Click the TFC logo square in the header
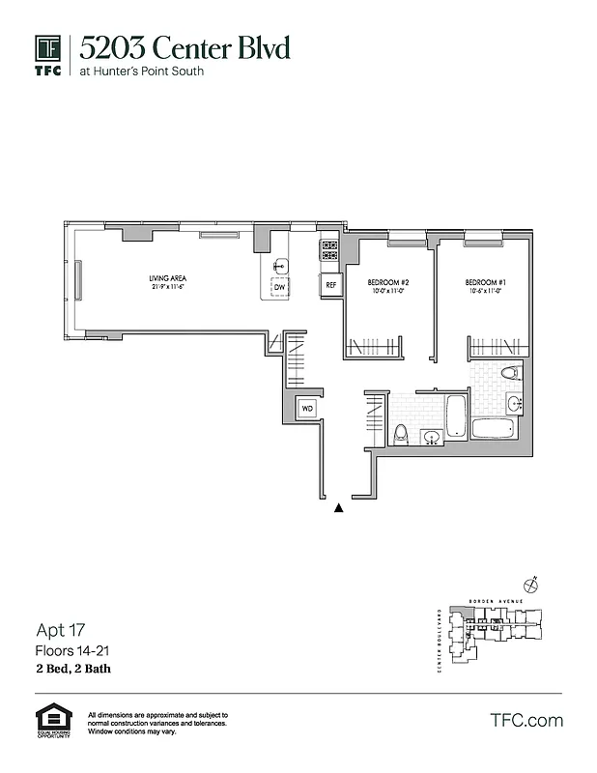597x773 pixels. coord(47,48)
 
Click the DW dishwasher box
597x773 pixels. coord(279,287)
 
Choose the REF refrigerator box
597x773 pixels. coord(330,285)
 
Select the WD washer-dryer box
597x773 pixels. coord(307,409)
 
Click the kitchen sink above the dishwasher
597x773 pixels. coord(280,267)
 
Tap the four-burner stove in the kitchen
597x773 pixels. coord(330,251)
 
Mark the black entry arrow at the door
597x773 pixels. coord(338,506)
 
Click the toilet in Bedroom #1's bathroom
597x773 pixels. coord(509,373)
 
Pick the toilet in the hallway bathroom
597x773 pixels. coord(401,435)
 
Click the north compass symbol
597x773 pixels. coord(530,585)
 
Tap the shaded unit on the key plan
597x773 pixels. coord(475,629)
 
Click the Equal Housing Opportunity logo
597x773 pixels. coord(48,720)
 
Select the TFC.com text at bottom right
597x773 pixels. coord(526,720)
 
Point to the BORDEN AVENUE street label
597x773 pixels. coord(494,601)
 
